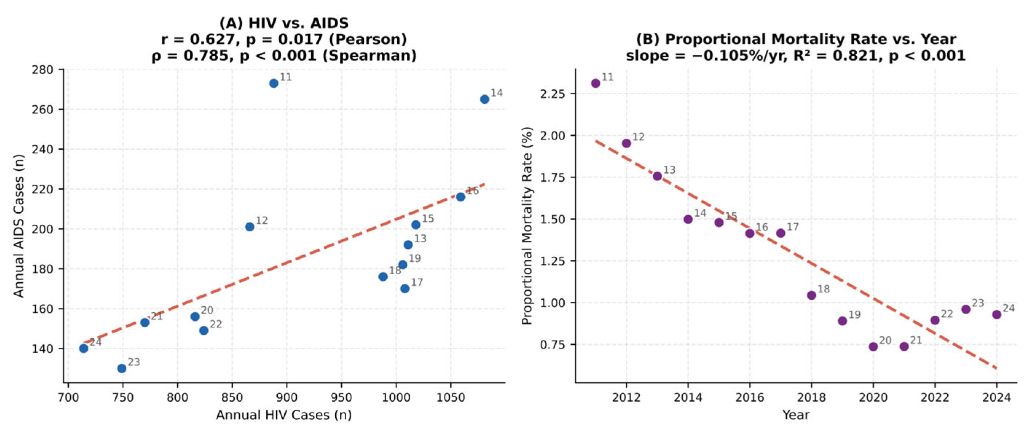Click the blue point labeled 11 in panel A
pyautogui.click(x=273, y=83)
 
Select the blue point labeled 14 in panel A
pyautogui.click(x=484, y=99)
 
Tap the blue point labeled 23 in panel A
pyautogui.click(x=122, y=368)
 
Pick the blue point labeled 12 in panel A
pyautogui.click(x=249, y=227)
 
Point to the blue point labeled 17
pyautogui.click(x=404, y=288)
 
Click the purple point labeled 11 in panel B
pyautogui.click(x=595, y=83)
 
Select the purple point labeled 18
pyautogui.click(x=811, y=295)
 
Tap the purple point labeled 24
pyautogui.click(x=997, y=315)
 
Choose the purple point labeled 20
pyautogui.click(x=873, y=347)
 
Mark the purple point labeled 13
pyautogui.click(x=657, y=176)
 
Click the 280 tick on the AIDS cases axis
pyautogui.click(x=43, y=70)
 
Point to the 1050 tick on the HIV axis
pyautogui.click(x=451, y=397)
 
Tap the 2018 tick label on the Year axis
pyautogui.click(x=811, y=397)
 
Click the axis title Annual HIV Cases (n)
pyautogui.click(x=284, y=415)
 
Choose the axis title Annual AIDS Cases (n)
pyautogui.click(x=19, y=226)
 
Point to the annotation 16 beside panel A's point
pyautogui.click(x=472, y=191)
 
